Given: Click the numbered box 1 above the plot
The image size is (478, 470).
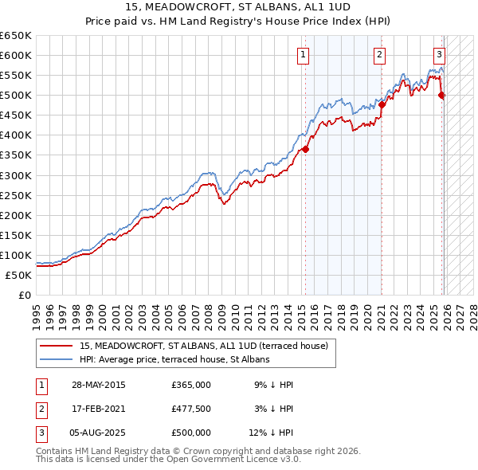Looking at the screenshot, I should point(304,55).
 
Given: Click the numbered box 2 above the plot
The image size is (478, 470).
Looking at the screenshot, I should point(380,55).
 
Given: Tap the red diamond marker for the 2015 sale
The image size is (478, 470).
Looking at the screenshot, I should point(305,149).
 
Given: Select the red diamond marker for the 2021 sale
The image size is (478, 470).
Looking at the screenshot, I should point(382,104).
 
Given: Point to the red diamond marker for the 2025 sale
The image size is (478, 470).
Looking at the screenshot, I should point(442,96).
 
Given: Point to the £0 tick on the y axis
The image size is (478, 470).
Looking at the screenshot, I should point(25,295).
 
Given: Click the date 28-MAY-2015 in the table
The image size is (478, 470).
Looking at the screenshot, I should point(99,385).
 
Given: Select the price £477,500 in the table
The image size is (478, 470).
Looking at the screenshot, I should point(191,409).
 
